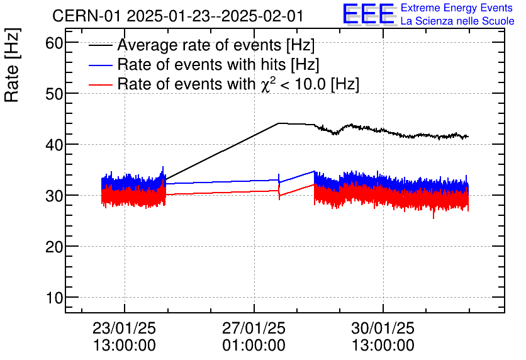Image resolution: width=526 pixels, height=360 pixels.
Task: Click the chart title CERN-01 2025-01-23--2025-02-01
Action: [189, 16]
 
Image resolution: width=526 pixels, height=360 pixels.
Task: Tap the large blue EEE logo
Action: [369, 15]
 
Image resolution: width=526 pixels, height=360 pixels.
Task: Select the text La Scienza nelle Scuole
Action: [457, 21]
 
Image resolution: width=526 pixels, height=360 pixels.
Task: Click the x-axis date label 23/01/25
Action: [125, 329]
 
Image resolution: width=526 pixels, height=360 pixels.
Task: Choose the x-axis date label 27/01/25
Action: [254, 329]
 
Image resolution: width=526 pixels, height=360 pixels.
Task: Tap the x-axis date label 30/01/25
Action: [383, 329]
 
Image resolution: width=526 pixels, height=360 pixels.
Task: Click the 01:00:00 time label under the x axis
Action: [254, 346]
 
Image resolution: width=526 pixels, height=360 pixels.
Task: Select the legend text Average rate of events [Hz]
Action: [216, 46]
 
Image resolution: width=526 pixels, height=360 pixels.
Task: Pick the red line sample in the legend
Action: [101, 84]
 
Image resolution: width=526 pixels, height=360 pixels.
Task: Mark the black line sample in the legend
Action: [101, 46]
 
